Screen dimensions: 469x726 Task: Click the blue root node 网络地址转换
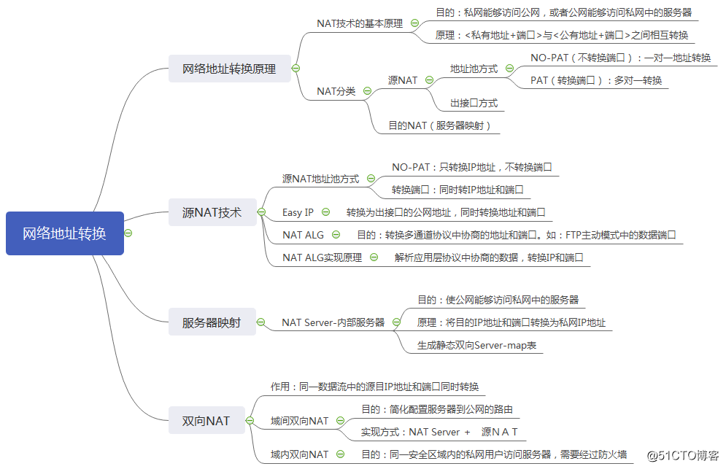tap(64, 233)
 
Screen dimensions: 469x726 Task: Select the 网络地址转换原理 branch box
tap(229, 69)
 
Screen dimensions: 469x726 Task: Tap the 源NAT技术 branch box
tap(212, 213)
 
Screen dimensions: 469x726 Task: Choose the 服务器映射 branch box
tap(212, 322)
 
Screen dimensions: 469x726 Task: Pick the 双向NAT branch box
tap(206, 420)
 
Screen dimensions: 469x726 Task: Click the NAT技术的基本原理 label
tap(360, 23)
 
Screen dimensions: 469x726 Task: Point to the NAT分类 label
tap(336, 91)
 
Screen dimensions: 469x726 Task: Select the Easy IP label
tap(298, 212)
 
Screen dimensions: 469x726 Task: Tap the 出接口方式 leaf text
tap(474, 103)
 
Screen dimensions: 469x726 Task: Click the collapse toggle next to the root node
tap(128, 233)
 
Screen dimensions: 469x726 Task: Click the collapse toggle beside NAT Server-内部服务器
tap(397, 322)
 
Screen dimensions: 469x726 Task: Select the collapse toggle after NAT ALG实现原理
tap(374, 257)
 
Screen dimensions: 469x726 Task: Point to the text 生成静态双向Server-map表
tap(476, 345)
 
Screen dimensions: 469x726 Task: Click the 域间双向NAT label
tap(299, 421)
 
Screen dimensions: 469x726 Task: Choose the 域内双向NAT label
tap(299, 454)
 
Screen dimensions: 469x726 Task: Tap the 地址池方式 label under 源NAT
tap(474, 69)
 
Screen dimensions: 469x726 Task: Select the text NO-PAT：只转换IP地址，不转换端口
tap(471, 167)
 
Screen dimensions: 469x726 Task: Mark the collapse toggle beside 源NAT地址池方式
tap(371, 178)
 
